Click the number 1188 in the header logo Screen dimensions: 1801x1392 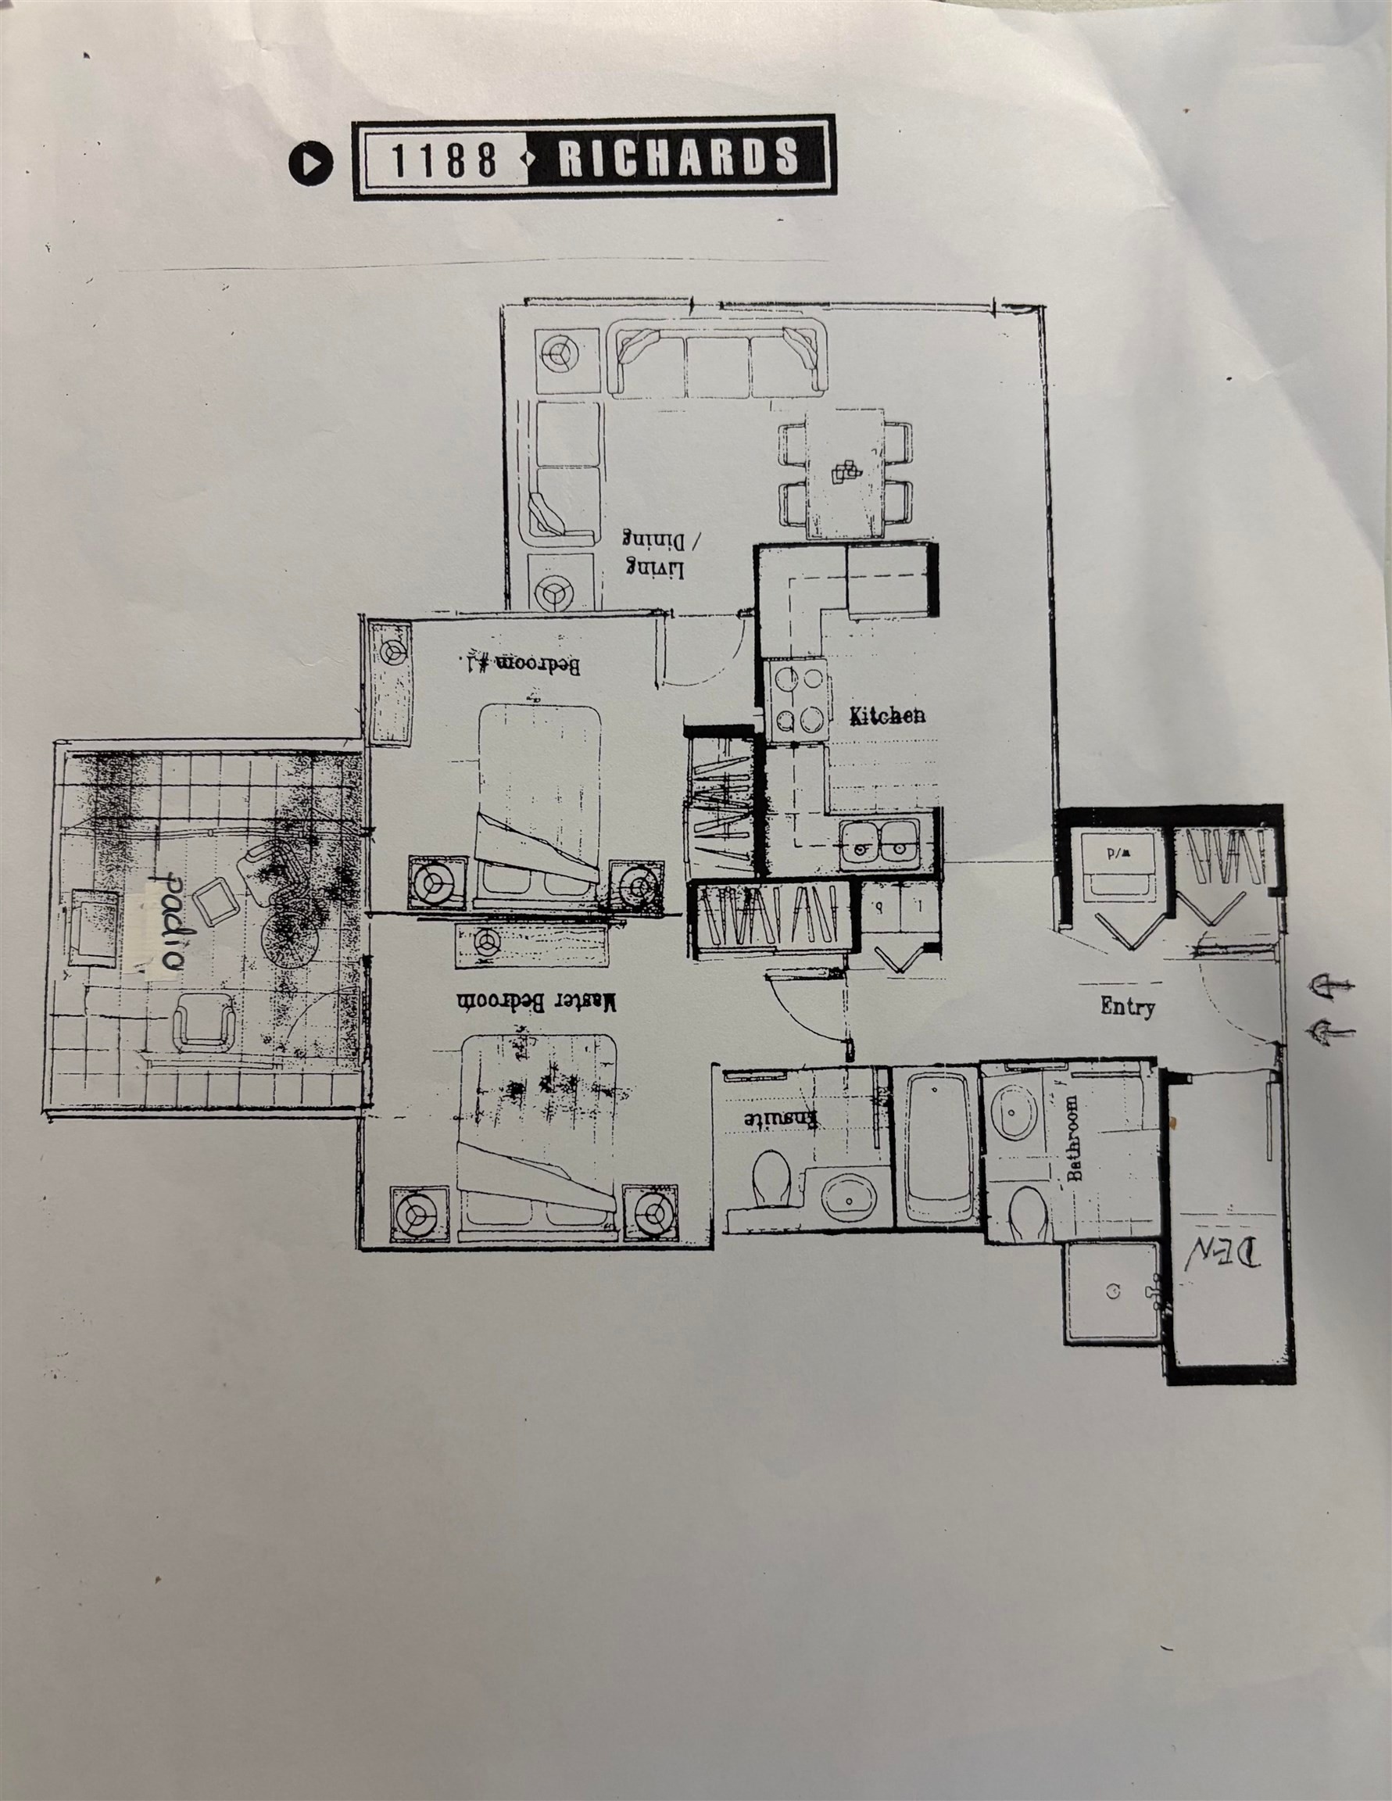pyautogui.click(x=443, y=159)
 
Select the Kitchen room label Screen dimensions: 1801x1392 pyautogui.click(x=886, y=715)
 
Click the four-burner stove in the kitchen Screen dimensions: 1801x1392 pyautogui.click(x=799, y=700)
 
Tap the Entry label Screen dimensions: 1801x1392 pyautogui.click(x=1127, y=1006)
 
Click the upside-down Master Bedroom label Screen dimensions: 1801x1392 pyautogui.click(x=536, y=1002)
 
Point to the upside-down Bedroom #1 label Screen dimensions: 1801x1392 pyautogui.click(x=520, y=664)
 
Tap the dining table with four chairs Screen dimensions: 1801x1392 pyautogui.click(x=848, y=477)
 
